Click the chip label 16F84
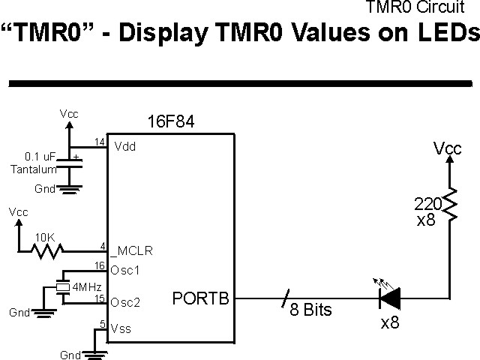click(x=172, y=122)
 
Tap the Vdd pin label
click(x=124, y=148)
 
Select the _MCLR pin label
click(x=130, y=250)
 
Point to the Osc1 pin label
click(x=125, y=269)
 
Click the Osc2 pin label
click(x=125, y=302)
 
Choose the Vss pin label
click(x=123, y=328)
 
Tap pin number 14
click(x=99, y=142)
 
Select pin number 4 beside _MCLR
click(x=101, y=244)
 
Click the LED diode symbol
click(x=389, y=298)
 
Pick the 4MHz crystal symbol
click(x=61, y=286)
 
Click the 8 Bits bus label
click(x=310, y=310)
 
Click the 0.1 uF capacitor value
click(x=39, y=157)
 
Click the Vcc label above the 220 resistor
click(x=448, y=148)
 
